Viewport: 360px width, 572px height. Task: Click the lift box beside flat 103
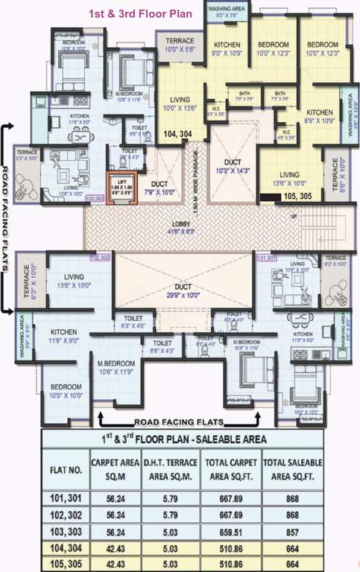(119, 187)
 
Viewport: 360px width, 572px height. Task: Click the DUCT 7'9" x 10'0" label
(160, 188)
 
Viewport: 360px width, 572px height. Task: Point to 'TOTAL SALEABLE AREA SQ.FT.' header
(296, 469)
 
